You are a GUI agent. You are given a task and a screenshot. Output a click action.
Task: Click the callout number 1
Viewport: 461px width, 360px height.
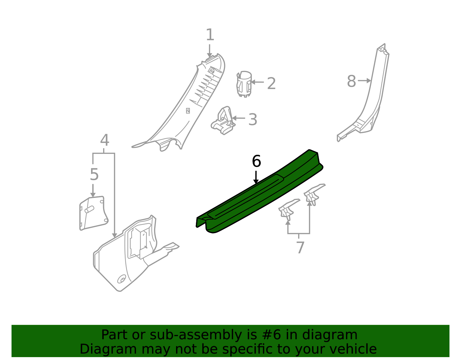[210, 35]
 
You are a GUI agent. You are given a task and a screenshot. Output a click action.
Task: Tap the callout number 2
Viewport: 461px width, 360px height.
[271, 84]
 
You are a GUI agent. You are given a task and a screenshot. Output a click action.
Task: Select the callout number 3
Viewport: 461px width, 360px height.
[252, 119]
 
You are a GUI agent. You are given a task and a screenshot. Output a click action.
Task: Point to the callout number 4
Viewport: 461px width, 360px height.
[104, 140]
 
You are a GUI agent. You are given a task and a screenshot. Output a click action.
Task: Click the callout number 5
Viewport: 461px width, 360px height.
[94, 174]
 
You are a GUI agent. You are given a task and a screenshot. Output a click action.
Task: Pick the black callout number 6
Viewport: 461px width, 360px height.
[256, 161]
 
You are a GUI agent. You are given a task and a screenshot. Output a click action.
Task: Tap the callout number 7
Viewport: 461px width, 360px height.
[300, 248]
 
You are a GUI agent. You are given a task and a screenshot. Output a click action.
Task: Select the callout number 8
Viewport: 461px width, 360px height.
[351, 81]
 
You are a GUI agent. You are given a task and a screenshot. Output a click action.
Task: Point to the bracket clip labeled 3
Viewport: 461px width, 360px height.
[224, 122]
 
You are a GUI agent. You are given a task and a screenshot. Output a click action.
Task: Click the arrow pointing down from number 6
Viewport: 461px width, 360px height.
[256, 177]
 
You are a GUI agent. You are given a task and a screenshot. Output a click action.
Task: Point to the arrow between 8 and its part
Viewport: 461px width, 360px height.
[364, 81]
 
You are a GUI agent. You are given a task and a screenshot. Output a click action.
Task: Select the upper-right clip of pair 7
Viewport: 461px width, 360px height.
[313, 194]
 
